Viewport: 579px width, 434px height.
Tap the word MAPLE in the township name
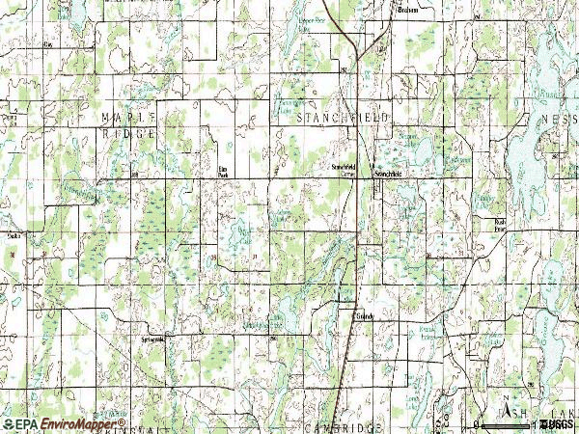click(121, 116)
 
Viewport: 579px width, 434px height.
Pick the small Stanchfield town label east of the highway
click(387, 174)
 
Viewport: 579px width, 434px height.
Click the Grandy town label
click(363, 315)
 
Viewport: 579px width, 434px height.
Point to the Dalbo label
click(12, 233)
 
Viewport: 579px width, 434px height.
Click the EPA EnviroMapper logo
click(64, 423)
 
